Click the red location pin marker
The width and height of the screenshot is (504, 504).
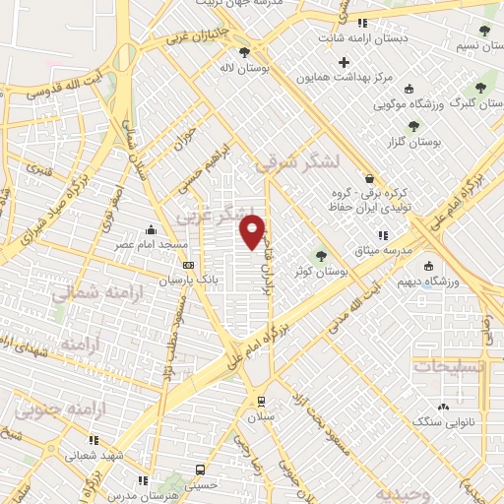pos(254,230)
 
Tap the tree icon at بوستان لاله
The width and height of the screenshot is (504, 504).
pos(245,53)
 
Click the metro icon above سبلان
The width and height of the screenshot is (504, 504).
pos(261,401)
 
